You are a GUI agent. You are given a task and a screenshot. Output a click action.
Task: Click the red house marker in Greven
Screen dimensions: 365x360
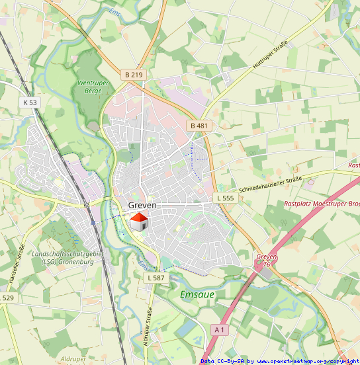point(138,222)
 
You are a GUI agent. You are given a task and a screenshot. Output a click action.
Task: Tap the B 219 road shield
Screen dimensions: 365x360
point(134,75)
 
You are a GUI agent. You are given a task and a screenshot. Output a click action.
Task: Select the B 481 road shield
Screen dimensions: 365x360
point(199,126)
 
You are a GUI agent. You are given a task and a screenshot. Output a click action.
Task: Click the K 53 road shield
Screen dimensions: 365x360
point(30,102)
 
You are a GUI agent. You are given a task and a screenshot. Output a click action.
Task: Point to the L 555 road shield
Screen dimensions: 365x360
point(225,198)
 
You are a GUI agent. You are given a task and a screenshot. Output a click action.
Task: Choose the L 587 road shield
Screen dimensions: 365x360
point(156,278)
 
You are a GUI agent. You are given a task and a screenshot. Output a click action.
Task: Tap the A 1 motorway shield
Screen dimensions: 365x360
point(220,329)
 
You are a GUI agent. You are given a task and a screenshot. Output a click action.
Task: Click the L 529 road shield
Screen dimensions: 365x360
point(7,298)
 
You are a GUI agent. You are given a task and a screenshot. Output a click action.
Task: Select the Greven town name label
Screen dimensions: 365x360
point(142,206)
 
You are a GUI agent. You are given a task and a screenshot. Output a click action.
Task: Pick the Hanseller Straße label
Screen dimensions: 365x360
point(17,265)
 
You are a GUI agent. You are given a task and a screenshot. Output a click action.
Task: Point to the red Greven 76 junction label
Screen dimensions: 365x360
point(266,260)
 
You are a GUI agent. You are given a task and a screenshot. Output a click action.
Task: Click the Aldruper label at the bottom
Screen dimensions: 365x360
point(73,358)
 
